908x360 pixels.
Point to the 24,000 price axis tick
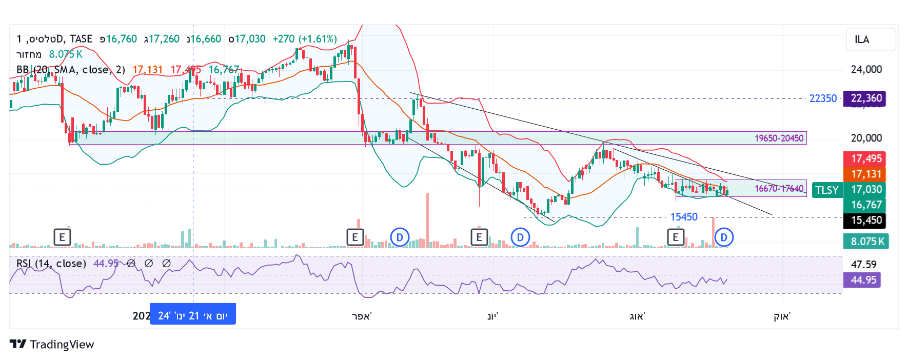866,69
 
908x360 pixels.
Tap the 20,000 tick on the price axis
866,138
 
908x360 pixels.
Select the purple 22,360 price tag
866,98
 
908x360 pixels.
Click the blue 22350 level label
823,98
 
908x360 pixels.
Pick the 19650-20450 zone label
779,138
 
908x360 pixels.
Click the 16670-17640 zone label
779,189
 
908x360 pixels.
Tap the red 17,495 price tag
866,158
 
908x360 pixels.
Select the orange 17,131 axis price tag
866,174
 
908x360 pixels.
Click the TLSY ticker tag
826,190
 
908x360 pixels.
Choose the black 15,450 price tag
866,220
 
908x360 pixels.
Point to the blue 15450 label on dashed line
684,217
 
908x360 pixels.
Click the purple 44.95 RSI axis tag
863,280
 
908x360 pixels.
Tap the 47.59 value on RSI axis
863,265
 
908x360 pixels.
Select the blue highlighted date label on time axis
192,315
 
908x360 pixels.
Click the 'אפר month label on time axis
362,316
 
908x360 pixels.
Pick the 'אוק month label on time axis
782,316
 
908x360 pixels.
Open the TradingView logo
52,344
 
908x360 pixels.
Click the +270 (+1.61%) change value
305,39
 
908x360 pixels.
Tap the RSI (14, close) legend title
51,264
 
